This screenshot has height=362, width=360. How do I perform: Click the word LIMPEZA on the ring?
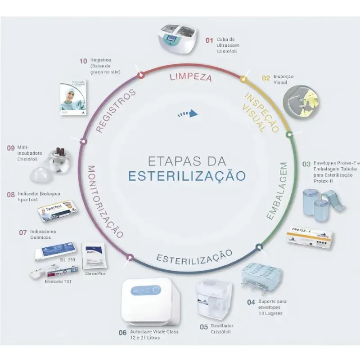point(190,76)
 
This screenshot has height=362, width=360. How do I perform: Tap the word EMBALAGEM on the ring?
point(277,191)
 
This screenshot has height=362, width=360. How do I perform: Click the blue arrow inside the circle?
point(188,114)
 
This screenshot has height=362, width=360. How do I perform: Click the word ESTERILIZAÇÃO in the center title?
point(187,175)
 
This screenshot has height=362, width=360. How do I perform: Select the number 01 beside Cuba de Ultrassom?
point(209,40)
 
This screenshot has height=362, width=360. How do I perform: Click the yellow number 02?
point(266,77)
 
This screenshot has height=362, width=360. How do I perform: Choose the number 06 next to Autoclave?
point(122,333)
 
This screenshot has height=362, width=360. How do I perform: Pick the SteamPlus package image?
point(94,256)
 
